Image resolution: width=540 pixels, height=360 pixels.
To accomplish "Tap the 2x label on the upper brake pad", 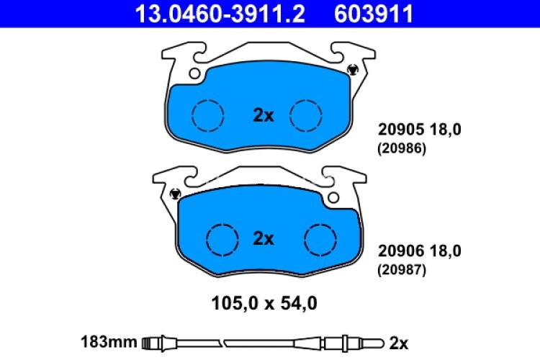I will (x=264, y=114).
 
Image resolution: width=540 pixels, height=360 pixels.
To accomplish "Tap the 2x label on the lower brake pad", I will (x=264, y=238).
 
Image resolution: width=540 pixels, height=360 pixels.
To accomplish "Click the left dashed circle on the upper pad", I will (x=208, y=114).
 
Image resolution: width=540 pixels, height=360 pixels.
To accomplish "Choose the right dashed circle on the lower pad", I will (x=319, y=238).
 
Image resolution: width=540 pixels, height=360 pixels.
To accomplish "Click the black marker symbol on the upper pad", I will (x=352, y=70).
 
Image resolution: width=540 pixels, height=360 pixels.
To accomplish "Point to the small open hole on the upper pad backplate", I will (x=194, y=73).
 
